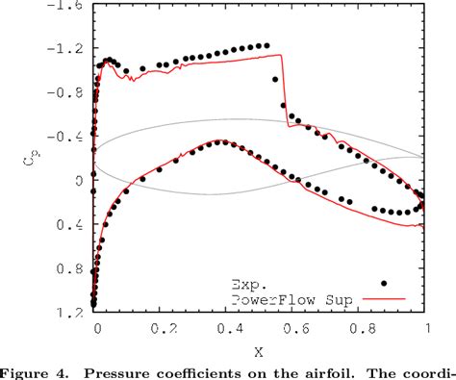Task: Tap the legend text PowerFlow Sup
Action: [x=289, y=299]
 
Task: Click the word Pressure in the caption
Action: [x=131, y=370]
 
